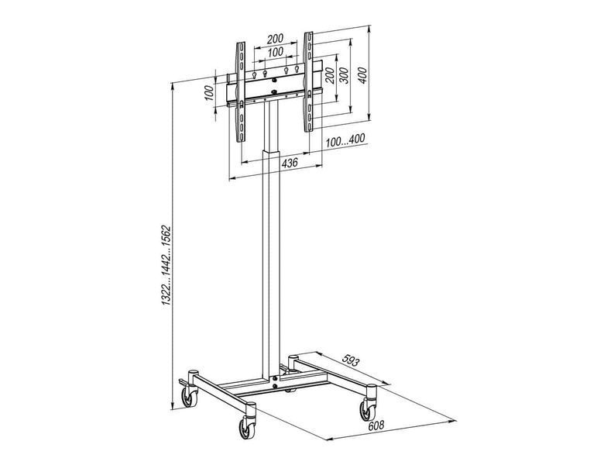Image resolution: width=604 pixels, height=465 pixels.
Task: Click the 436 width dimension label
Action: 290,163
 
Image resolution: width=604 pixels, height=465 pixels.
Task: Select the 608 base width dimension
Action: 376,425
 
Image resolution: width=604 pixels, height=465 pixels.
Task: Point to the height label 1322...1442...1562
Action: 166,266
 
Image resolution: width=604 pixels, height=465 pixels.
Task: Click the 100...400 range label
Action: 345,140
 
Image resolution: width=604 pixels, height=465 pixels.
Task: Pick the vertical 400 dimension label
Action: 362,76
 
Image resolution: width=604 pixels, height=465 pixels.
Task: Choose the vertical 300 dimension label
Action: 344,76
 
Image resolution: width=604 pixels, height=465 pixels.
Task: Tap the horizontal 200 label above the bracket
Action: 275,39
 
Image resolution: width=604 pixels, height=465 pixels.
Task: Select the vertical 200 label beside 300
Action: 328,76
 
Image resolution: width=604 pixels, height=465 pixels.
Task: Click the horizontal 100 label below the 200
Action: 275,52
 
